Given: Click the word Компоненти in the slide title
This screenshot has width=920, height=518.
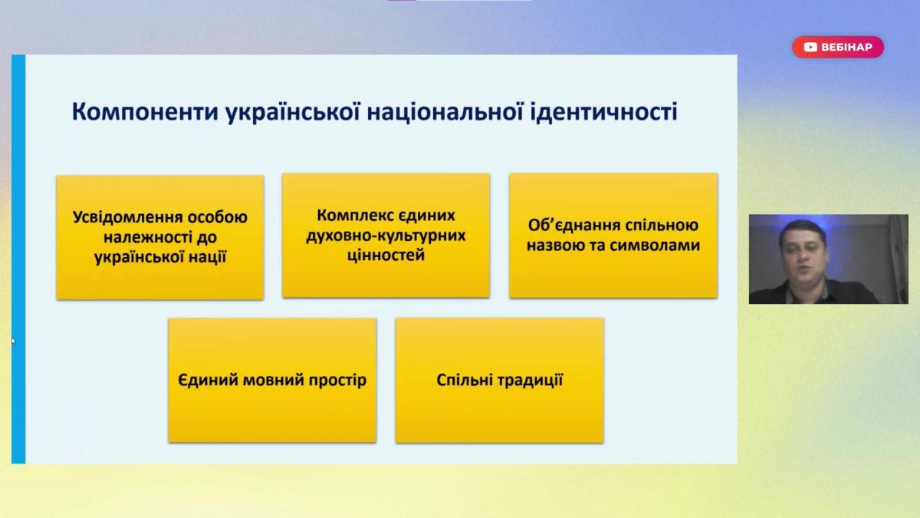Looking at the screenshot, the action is tap(145, 112).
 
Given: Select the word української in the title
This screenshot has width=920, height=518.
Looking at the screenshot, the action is tap(293, 112).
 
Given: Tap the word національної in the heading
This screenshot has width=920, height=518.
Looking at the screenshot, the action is tap(445, 112).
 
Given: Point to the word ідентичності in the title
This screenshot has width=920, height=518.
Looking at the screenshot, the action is tap(604, 112).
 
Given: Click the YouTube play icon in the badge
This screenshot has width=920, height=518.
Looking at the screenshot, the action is tap(810, 48).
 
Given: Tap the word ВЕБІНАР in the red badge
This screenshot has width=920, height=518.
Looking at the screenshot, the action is tap(846, 48).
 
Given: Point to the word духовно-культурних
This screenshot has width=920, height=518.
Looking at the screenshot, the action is tap(386, 236).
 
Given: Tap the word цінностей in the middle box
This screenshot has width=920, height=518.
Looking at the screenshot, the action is tap(386, 256).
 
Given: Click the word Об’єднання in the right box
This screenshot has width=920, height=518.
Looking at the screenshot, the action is tap(573, 226).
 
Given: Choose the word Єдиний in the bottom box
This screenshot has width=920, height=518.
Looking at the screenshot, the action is tap(208, 380).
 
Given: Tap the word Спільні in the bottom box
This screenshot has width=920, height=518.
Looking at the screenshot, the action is tap(463, 380).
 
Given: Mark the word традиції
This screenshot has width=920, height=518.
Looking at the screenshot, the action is tap(531, 381).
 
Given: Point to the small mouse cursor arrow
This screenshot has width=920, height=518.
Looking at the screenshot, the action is tap(13, 341).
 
